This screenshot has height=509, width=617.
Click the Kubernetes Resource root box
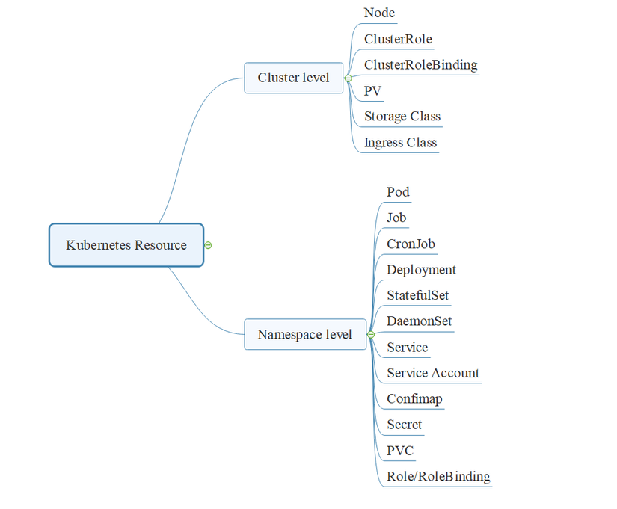[x=126, y=245]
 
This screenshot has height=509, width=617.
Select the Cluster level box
[x=293, y=78]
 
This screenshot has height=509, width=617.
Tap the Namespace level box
[x=304, y=334]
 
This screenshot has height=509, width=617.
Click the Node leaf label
[x=379, y=13]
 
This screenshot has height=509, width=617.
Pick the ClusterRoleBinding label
[x=420, y=64]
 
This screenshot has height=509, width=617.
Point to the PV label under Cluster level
[x=372, y=90]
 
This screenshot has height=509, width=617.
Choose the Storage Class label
[x=402, y=116]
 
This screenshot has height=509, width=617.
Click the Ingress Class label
[x=400, y=142]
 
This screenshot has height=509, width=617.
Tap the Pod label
[x=398, y=192]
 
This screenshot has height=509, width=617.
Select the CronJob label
[x=411, y=244]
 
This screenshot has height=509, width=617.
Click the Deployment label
[x=421, y=270]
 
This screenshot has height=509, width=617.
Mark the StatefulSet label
[x=417, y=295]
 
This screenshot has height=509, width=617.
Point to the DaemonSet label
[x=419, y=321]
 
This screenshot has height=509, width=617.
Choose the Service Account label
[x=433, y=373]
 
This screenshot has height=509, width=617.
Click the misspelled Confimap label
[x=414, y=398]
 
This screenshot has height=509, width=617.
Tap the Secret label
[x=404, y=425]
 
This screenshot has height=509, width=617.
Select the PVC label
[x=399, y=451]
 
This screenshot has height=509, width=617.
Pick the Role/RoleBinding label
[x=438, y=476]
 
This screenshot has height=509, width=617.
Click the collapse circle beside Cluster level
[x=348, y=78]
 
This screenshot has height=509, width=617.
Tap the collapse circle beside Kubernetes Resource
[x=208, y=245]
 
